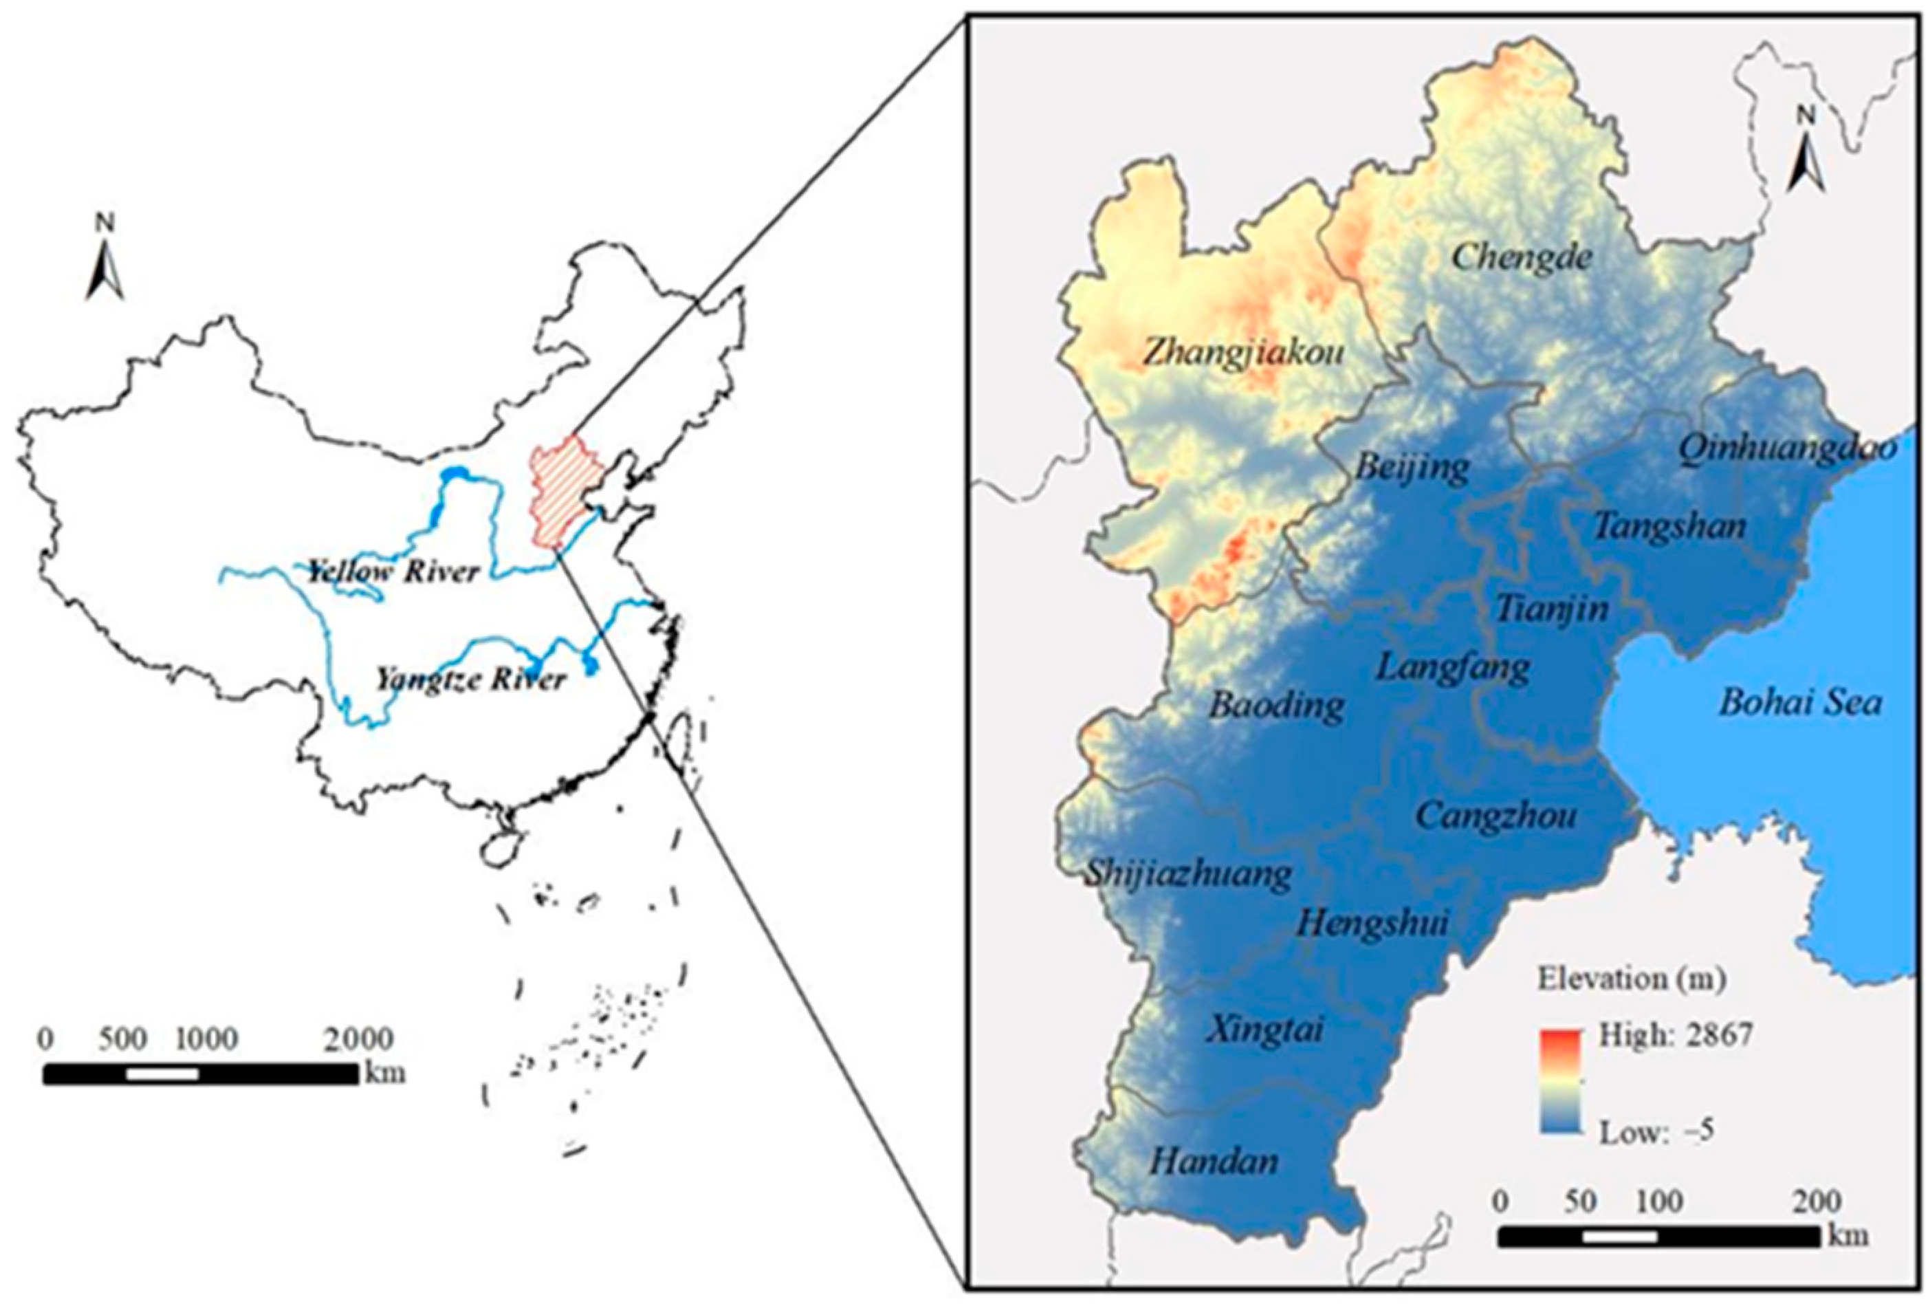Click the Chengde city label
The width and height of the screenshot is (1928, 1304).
[1523, 257]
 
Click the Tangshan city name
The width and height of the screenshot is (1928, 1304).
[1670, 525]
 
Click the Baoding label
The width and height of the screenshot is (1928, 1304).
[1277, 706]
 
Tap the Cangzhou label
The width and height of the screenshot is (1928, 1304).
[1496, 815]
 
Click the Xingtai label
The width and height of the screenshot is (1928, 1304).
[1264, 1030]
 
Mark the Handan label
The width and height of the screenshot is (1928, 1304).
[1214, 1161]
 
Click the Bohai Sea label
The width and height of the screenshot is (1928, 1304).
[1800, 703]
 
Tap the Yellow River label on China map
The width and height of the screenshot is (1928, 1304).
[393, 572]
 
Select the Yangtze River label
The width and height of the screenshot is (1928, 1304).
[470, 680]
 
